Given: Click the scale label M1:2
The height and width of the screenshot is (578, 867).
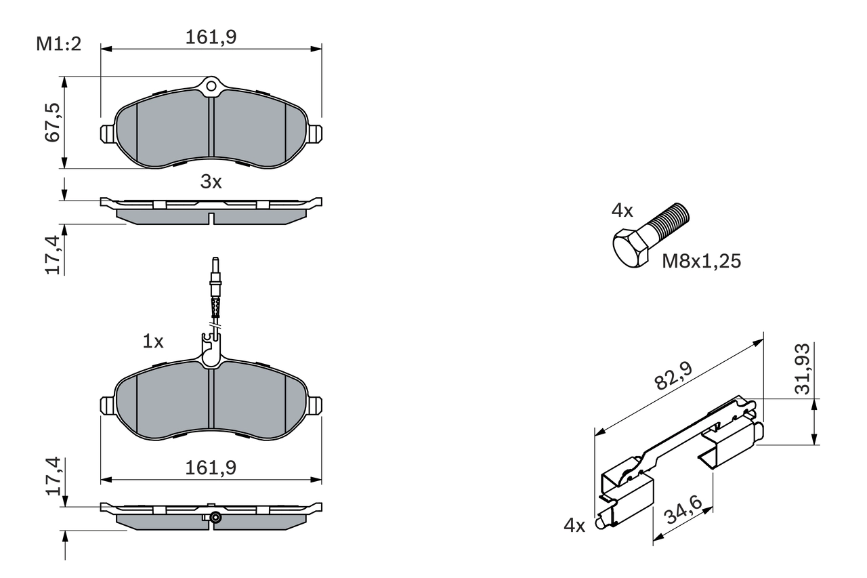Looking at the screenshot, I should coord(58,45).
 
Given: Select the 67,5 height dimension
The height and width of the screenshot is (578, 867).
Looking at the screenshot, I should coord(54,122).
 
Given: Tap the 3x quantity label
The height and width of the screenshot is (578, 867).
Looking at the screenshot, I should coord(211,182).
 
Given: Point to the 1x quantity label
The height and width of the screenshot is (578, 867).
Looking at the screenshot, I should coord(153,342).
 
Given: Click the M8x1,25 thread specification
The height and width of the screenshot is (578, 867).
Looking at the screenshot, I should coord(701,262).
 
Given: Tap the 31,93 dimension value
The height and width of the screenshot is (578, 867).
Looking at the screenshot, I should coord(803,368).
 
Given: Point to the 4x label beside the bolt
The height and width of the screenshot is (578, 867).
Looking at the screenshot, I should coord(622,211).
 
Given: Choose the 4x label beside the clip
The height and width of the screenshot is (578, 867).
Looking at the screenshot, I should coord(574,525).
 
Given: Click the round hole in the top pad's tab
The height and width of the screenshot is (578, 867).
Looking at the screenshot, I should coord(211,86).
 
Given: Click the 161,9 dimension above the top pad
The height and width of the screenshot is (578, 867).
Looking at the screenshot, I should coord(211,38).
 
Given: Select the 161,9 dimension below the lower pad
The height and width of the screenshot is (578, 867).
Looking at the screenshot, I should coord(211,467).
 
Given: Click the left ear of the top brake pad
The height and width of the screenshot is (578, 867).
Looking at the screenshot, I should coord(107,133).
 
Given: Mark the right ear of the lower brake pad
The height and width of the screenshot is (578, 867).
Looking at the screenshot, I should coord(315,405).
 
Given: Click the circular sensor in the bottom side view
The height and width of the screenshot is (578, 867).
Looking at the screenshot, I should coord(215,518).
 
